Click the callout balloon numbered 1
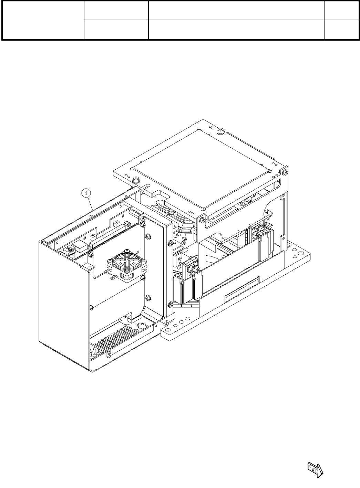pyautogui.click(x=86, y=193)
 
